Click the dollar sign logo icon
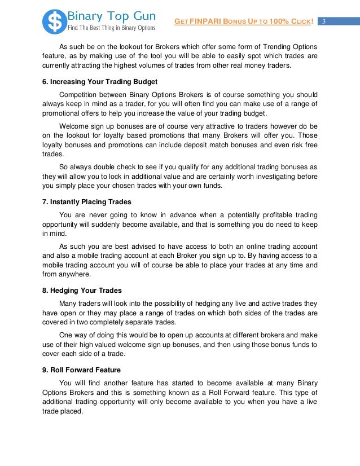(55, 21)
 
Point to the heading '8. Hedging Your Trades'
(82, 291)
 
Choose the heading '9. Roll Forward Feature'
(81, 370)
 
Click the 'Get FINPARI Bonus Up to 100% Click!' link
(244, 22)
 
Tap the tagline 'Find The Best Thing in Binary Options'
(111, 27)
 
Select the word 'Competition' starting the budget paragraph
(81, 94)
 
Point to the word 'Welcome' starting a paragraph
(75, 126)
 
